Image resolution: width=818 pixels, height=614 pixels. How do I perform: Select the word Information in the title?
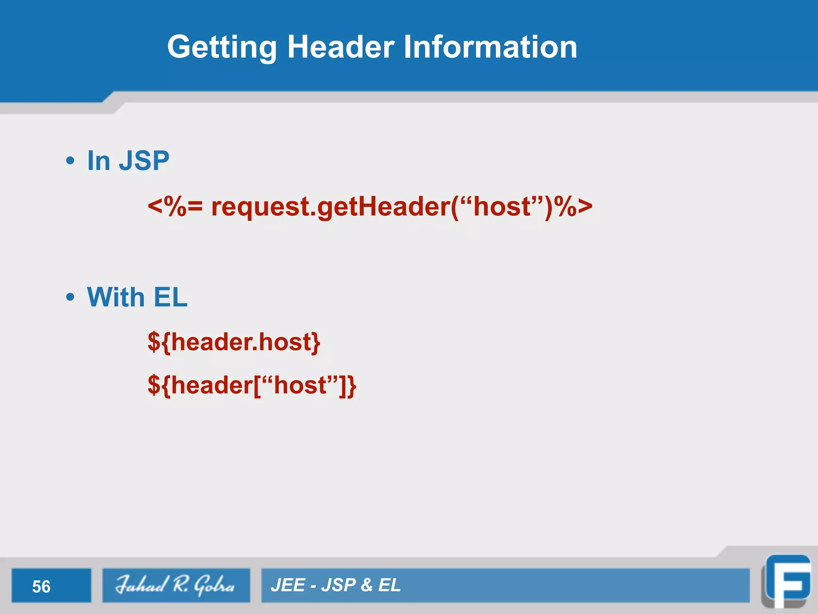(x=490, y=47)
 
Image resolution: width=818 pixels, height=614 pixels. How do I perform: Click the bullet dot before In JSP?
(x=70, y=161)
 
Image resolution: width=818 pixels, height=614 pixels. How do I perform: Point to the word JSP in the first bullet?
(x=144, y=161)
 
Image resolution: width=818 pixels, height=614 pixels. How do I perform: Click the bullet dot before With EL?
(x=70, y=297)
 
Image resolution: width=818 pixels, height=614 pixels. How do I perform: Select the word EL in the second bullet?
(x=170, y=297)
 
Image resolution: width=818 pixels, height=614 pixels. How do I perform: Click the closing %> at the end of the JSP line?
(x=575, y=207)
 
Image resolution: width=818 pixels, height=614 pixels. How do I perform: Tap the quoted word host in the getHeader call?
(x=501, y=207)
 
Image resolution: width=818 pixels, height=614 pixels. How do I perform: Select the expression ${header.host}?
(x=234, y=342)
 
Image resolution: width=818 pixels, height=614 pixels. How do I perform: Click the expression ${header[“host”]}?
(x=252, y=385)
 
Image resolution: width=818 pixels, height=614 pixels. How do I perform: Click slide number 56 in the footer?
(x=41, y=586)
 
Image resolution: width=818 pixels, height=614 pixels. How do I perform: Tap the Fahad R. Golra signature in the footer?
(x=176, y=585)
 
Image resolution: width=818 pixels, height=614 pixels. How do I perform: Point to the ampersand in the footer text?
(x=366, y=585)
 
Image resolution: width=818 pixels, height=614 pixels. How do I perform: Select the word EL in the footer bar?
(x=389, y=585)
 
